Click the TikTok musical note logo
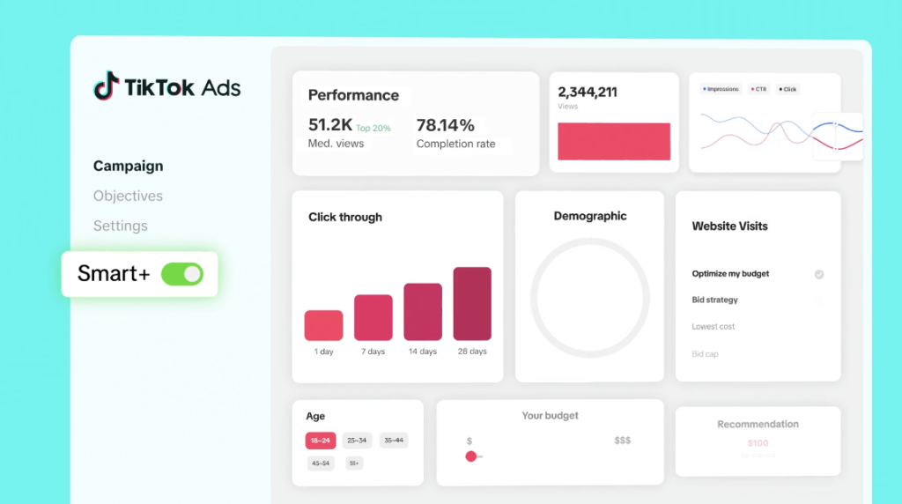click(106, 85)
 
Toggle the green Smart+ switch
click(182, 274)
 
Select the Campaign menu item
click(128, 166)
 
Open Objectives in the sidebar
click(128, 196)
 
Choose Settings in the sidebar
click(121, 226)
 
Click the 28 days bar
click(472, 304)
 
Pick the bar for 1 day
click(323, 325)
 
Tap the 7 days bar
click(373, 317)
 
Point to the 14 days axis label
click(423, 352)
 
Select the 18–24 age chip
click(320, 440)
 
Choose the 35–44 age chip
click(394, 440)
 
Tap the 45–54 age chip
click(321, 463)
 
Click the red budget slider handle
click(470, 456)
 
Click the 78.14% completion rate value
click(445, 125)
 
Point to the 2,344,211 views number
click(588, 92)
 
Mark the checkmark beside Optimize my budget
click(819, 274)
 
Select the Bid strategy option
click(715, 300)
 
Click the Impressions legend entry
click(721, 89)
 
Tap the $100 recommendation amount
click(758, 443)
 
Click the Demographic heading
click(590, 216)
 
